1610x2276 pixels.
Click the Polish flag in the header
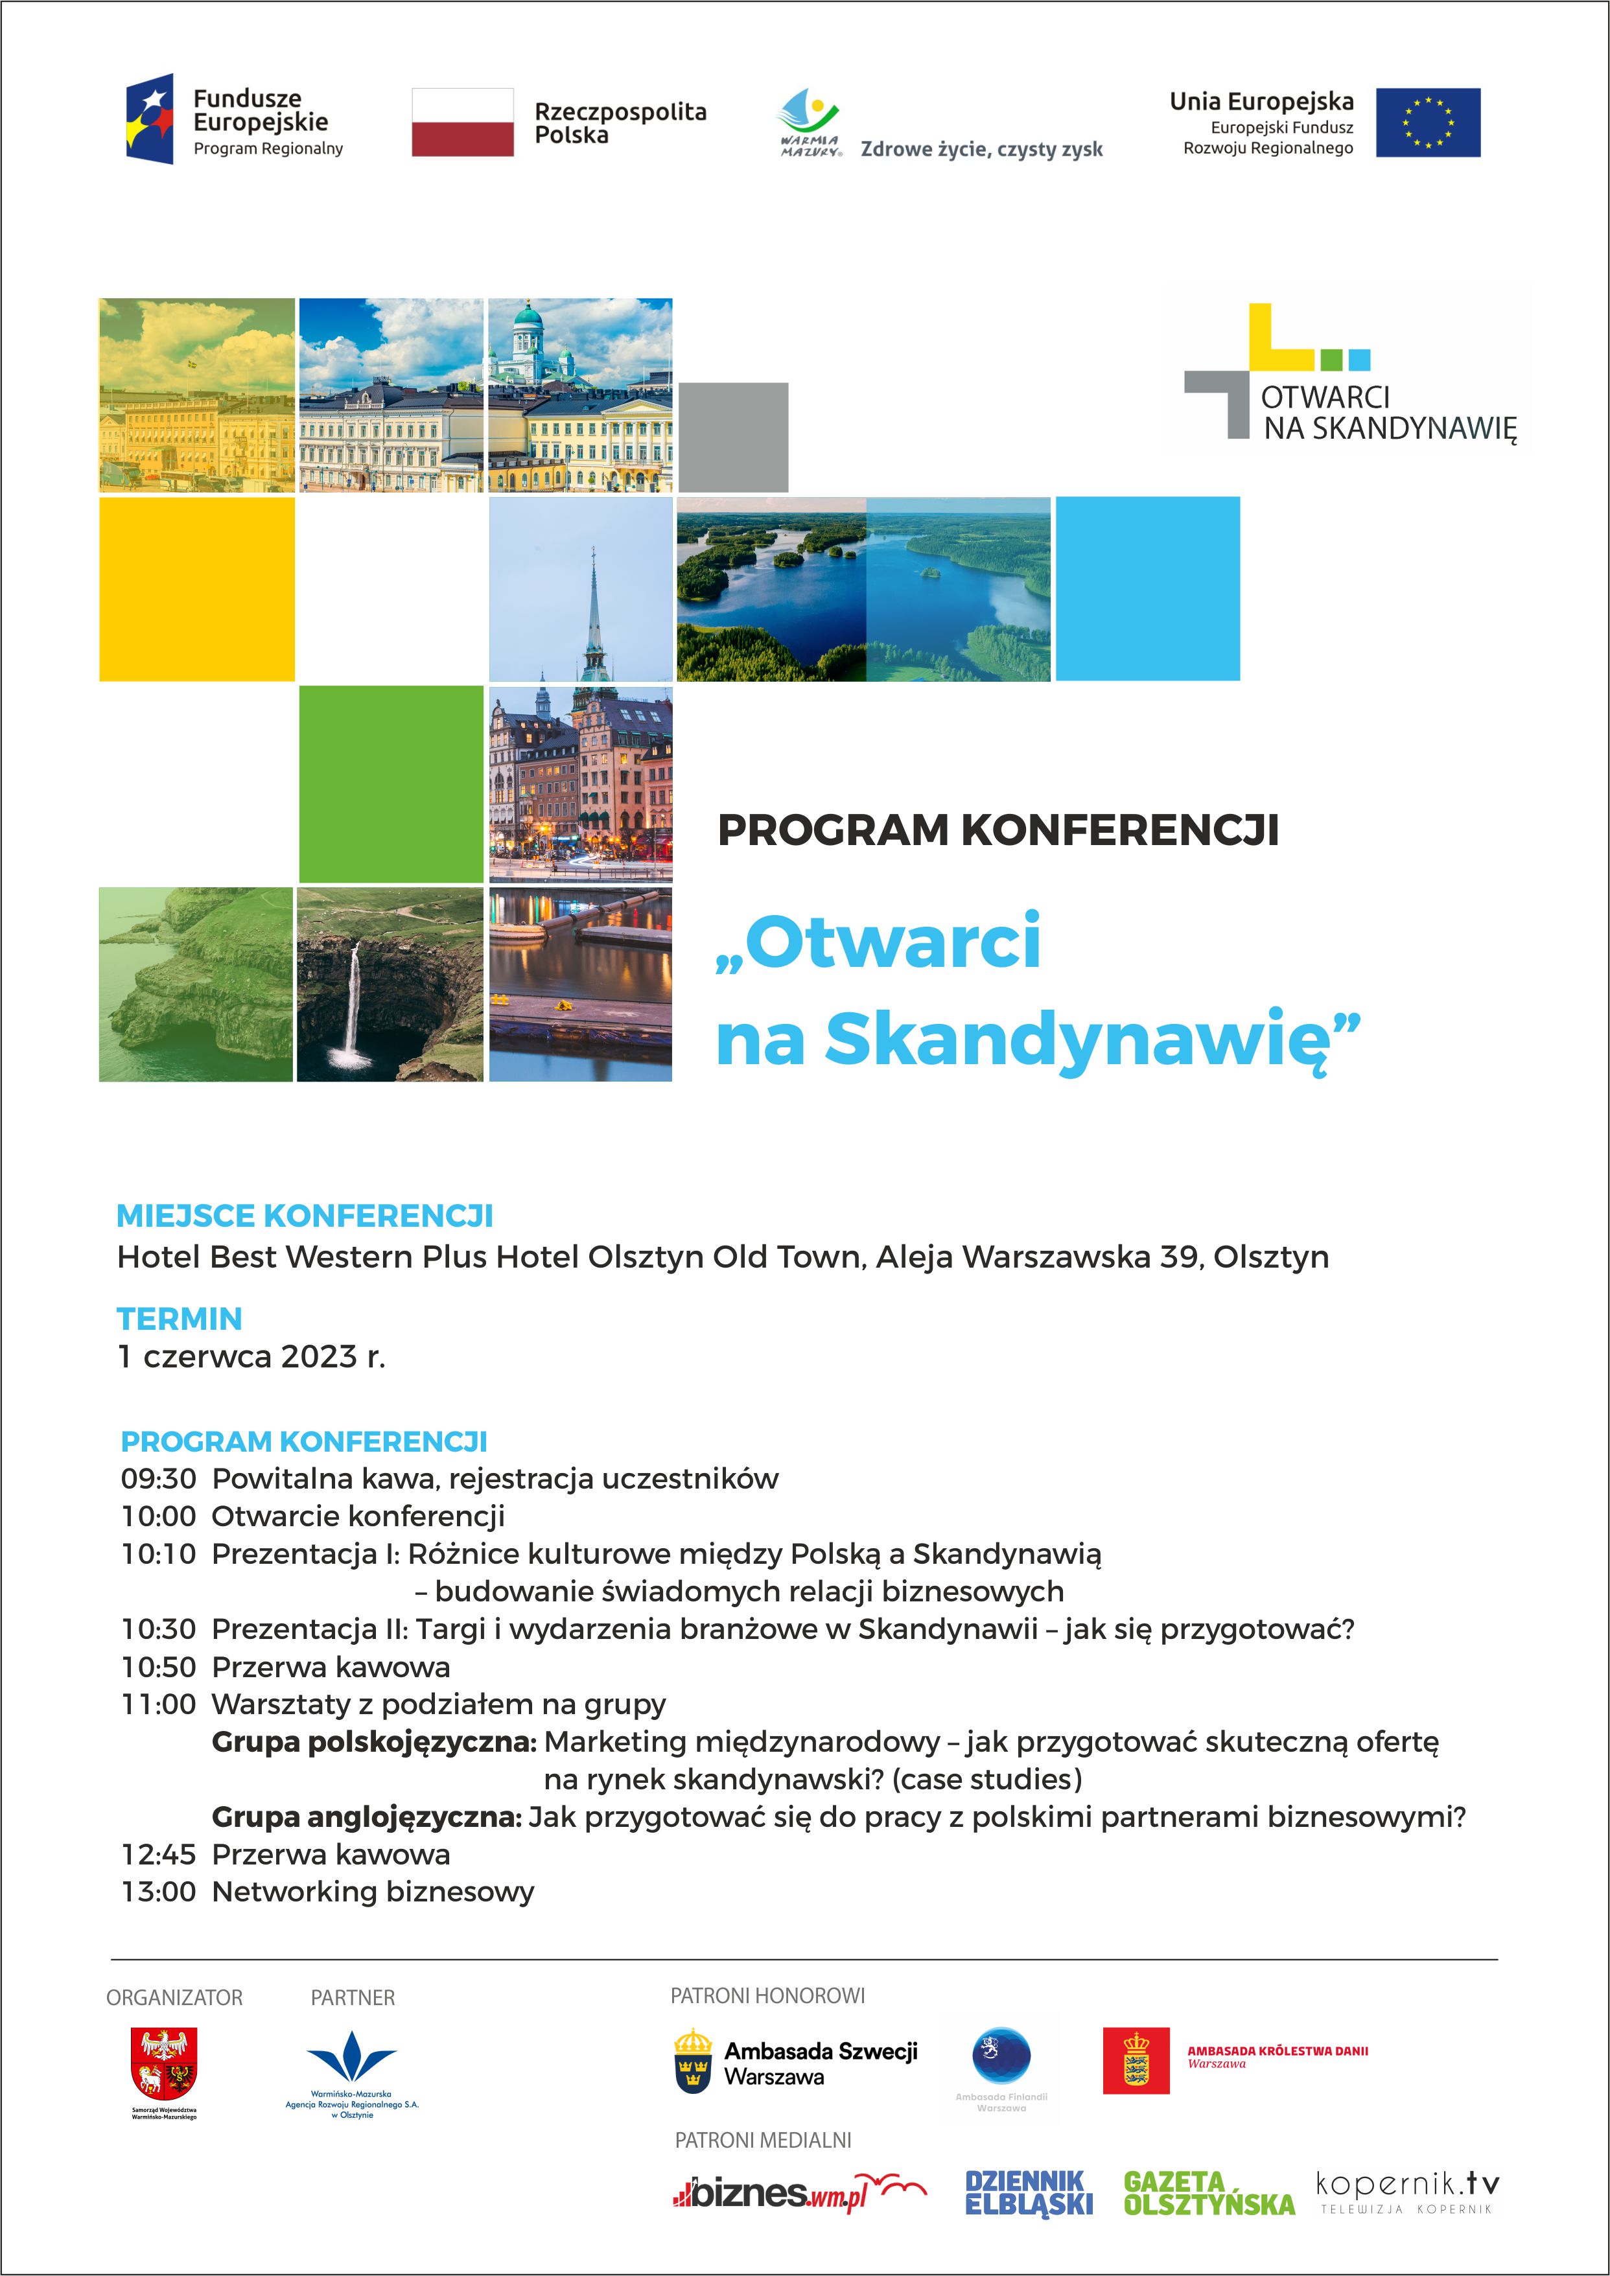point(462,122)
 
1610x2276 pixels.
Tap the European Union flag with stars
point(1428,122)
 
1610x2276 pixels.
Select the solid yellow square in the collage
point(196,589)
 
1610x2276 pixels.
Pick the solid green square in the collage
point(391,783)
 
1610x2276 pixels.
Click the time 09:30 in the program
point(159,1479)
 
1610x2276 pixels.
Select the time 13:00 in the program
point(159,1892)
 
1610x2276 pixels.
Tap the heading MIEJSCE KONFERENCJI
point(305,1215)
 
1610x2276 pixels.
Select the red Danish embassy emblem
point(1136,2061)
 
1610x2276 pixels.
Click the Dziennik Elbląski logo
point(1029,2193)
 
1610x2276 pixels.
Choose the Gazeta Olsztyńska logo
point(1209,2193)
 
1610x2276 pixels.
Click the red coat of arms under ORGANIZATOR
point(165,2062)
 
